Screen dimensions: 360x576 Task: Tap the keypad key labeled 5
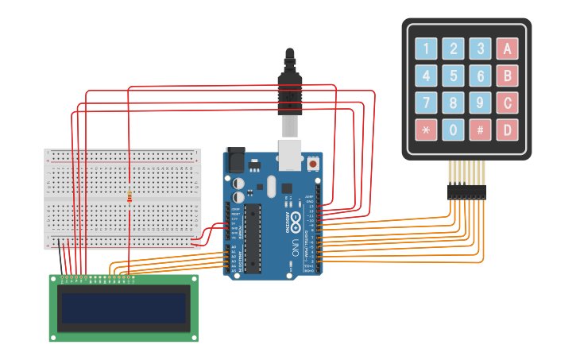[454, 76]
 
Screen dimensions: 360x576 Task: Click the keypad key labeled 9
[480, 103]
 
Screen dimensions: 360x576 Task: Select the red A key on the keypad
[507, 49]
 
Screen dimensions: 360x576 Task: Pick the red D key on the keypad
[507, 129]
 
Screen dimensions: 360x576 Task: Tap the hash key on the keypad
[480, 129]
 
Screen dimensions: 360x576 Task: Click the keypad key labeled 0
[454, 129]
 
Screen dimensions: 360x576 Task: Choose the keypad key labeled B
[507, 76]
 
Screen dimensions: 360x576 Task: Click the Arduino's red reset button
[313, 164]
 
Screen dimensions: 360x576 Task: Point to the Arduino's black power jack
[236, 161]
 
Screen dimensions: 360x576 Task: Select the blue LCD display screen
[124, 308]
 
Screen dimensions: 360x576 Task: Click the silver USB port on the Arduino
[291, 156]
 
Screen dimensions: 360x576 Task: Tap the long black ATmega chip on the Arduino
[253, 238]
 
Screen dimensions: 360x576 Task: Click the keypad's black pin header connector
[466, 192]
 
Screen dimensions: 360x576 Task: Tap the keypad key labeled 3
[480, 49]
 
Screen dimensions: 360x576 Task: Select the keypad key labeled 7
[427, 103]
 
